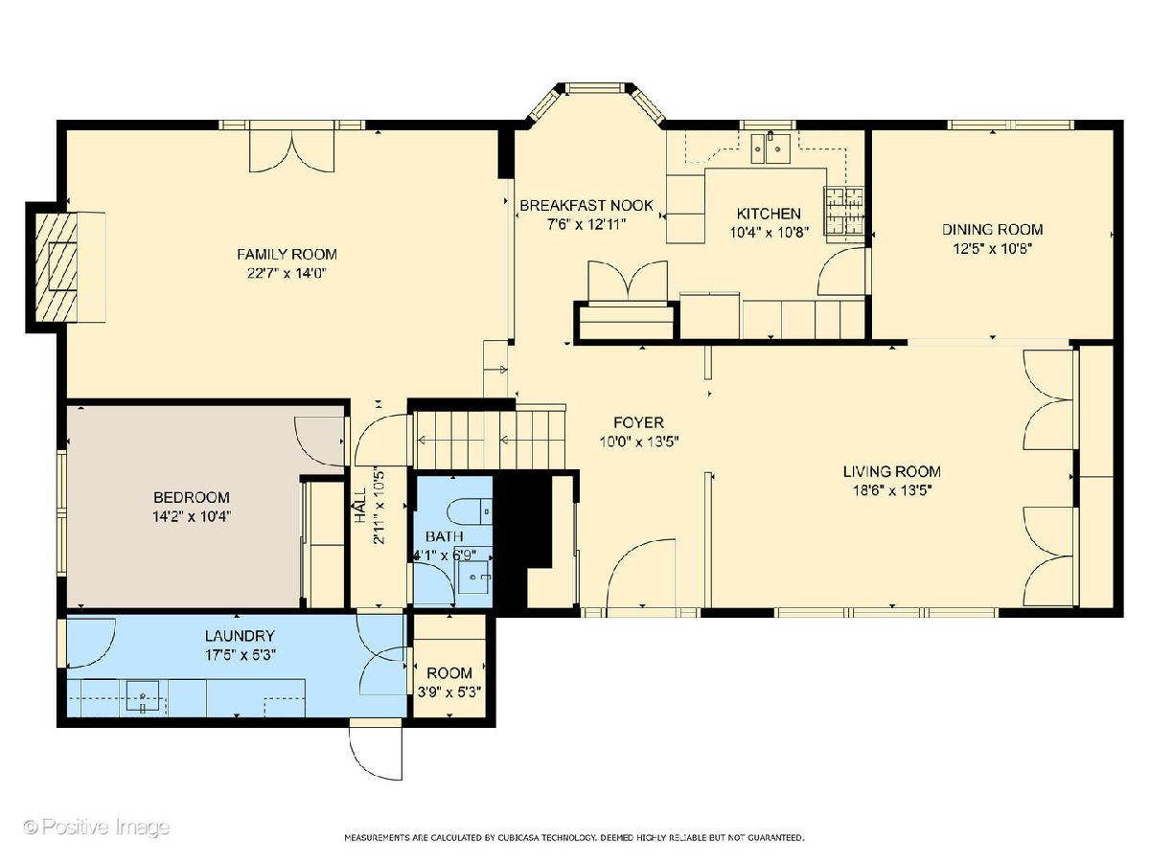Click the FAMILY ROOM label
[287, 255]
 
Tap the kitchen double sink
[769, 149]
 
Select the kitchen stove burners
[844, 211]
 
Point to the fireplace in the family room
[56, 267]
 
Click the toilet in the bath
[471, 511]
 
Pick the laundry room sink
[142, 696]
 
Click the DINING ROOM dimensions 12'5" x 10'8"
[992, 248]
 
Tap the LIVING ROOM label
[891, 471]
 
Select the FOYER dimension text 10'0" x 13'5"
[638, 442]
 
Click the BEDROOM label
[192, 497]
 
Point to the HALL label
[361, 505]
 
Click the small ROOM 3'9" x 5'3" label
[449, 681]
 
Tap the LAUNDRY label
[240, 636]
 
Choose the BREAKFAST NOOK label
[586, 205]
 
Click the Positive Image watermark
[97, 828]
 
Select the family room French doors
[290, 150]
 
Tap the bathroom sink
[474, 577]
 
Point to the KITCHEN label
[769, 214]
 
